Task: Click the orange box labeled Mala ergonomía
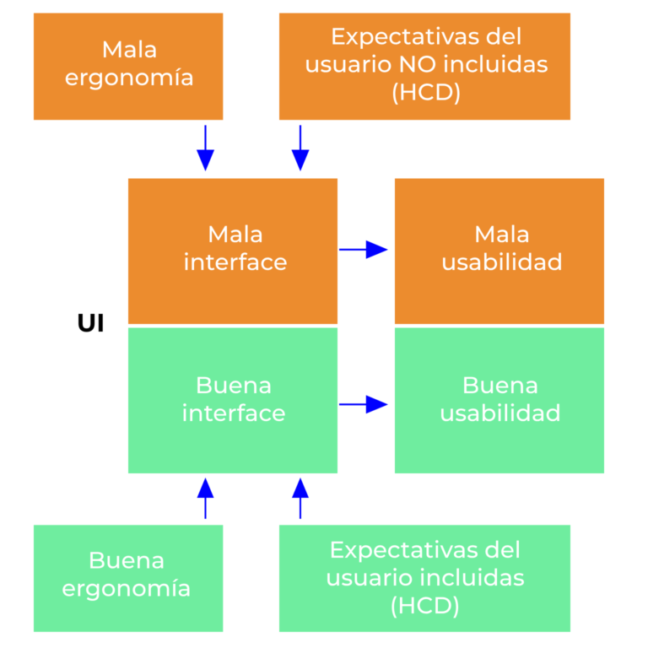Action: point(128,65)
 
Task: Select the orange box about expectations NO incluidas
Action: point(424,65)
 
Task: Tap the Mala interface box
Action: point(233,250)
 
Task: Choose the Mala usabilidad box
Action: point(499,250)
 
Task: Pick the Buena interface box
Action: point(233,400)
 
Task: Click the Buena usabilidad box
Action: point(499,400)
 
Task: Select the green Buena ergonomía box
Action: point(128,577)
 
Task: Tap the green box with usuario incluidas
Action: point(424,577)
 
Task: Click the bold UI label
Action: point(90,324)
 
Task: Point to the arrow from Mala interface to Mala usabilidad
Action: point(364,249)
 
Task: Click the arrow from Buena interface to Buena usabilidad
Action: point(364,405)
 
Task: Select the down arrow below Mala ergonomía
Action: point(205,148)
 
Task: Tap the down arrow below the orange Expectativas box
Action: point(300,148)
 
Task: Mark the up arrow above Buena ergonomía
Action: point(205,498)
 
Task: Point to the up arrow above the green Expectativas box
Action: point(300,498)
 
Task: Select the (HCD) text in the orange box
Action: point(426,93)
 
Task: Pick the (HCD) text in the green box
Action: point(424,605)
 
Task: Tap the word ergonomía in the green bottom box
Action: point(127,589)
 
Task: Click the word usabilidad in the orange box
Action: point(502,262)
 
